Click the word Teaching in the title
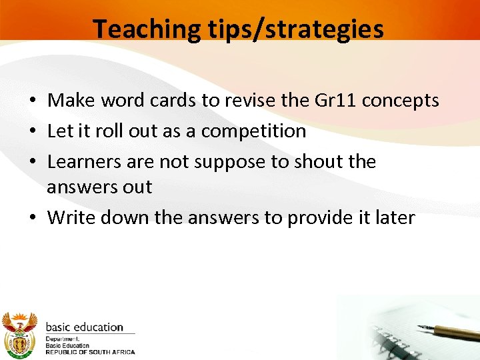click(x=145, y=29)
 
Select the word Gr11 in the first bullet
click(x=331, y=101)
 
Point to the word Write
click(x=69, y=218)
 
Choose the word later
click(x=394, y=218)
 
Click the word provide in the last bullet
click(x=320, y=218)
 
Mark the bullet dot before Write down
click(x=32, y=219)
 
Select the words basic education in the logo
click(x=84, y=327)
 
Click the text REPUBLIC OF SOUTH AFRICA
click(x=90, y=352)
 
